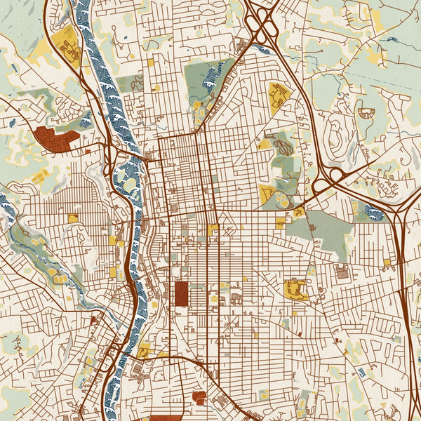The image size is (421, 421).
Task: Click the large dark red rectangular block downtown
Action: (x=181, y=293)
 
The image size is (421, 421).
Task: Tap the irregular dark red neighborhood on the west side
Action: (x=54, y=139)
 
